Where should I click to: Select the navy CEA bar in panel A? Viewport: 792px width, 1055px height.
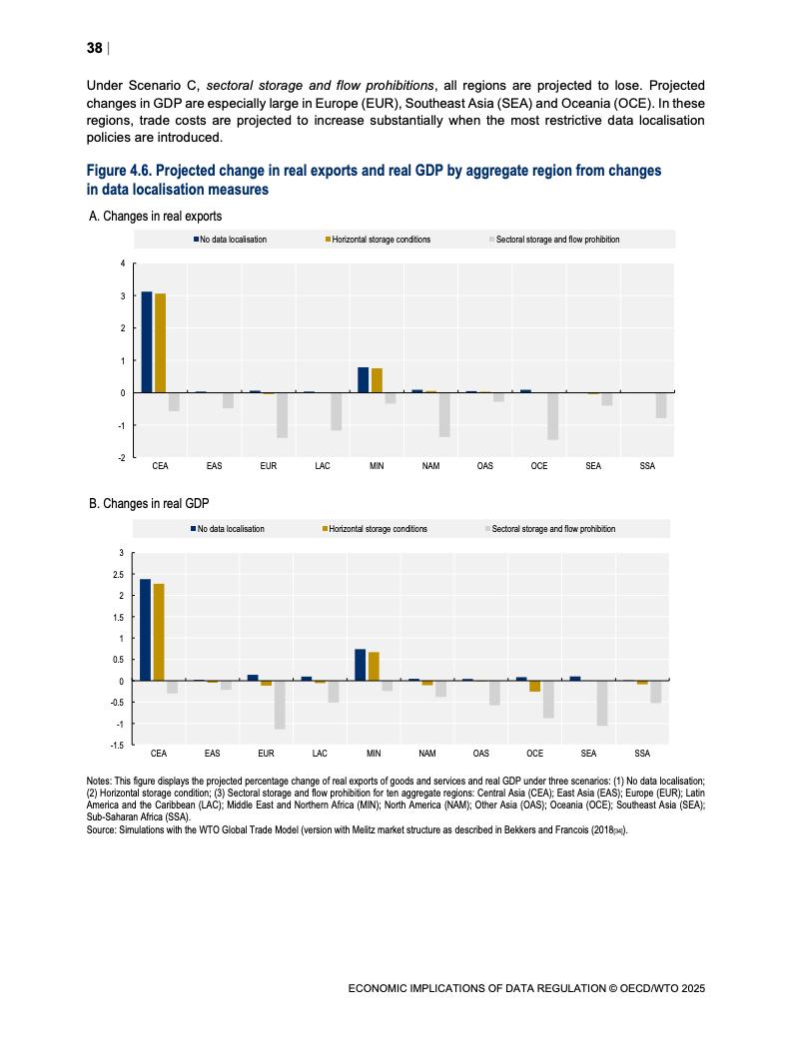[x=147, y=341]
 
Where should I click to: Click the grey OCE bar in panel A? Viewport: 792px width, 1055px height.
[x=552, y=415]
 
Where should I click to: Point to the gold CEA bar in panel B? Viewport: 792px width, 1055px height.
[x=159, y=632]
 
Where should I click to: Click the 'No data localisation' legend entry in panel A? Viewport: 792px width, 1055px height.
[x=233, y=240]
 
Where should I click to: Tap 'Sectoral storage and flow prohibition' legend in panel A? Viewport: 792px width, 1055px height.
[x=557, y=240]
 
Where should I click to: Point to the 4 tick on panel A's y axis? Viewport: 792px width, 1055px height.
[x=123, y=264]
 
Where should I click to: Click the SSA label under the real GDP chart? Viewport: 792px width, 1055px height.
[x=643, y=754]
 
